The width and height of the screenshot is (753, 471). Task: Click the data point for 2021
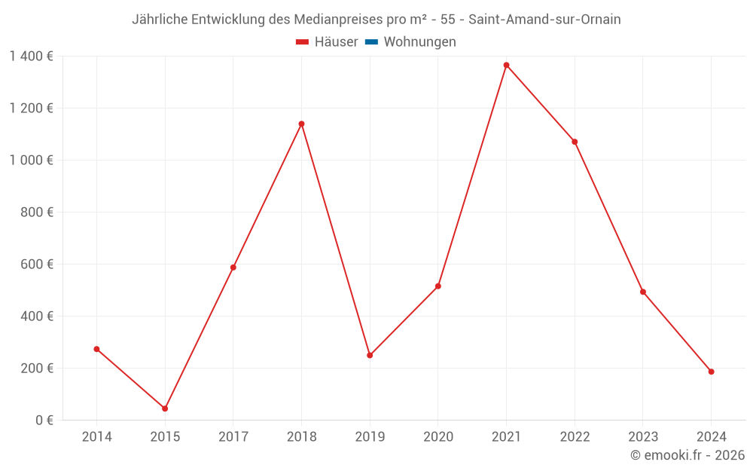click(506, 65)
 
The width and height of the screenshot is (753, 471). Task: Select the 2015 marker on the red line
click(165, 408)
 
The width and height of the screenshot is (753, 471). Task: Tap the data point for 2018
click(301, 124)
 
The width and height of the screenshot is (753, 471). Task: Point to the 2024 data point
click(711, 372)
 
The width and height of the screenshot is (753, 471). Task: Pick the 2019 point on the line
click(370, 355)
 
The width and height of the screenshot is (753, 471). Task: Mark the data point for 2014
click(96, 349)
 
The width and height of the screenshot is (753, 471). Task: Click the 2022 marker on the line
click(575, 142)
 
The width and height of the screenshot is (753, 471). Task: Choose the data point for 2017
click(233, 268)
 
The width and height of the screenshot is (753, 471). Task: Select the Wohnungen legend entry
click(419, 42)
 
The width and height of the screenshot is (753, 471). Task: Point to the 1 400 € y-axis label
click(31, 56)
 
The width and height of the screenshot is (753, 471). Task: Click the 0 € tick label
click(44, 420)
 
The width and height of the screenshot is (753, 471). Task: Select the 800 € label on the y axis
click(36, 212)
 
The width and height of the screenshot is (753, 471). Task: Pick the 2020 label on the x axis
click(437, 437)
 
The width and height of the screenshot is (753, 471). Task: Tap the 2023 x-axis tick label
click(642, 437)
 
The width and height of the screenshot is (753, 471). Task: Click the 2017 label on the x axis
click(233, 437)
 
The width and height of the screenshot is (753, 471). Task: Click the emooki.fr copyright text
click(687, 455)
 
